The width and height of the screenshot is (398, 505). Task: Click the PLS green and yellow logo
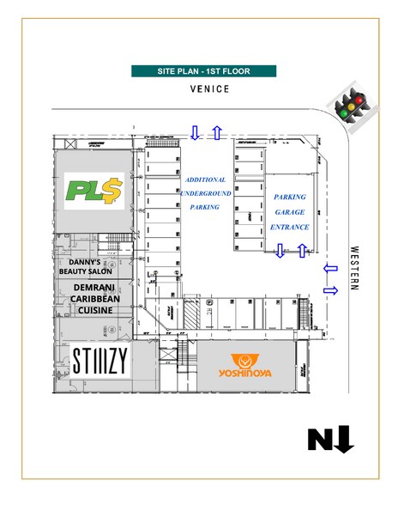(x=94, y=191)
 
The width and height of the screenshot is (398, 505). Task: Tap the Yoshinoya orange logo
(x=244, y=366)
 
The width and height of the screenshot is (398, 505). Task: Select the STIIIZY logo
(x=100, y=361)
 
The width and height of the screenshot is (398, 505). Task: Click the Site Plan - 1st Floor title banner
(x=203, y=71)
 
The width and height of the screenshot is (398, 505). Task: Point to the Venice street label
(x=209, y=89)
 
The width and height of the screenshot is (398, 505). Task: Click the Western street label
(x=354, y=268)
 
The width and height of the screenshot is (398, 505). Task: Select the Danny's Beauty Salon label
(x=86, y=266)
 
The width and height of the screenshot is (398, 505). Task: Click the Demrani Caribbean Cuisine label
(x=95, y=299)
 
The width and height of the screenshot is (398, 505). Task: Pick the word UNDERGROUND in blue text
(x=206, y=193)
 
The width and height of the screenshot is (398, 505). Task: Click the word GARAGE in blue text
(x=290, y=212)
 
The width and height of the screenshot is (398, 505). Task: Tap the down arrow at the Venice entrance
(x=195, y=132)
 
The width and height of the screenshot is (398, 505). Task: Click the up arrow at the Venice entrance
(x=218, y=132)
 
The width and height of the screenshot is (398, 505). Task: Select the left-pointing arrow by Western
(x=330, y=268)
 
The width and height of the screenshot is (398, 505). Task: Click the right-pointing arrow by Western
(x=331, y=290)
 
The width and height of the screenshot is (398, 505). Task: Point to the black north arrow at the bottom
(x=345, y=439)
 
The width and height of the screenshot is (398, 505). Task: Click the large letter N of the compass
(x=321, y=440)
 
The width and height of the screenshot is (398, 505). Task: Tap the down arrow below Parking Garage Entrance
(x=280, y=251)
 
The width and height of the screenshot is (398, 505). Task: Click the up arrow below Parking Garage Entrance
(x=302, y=251)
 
